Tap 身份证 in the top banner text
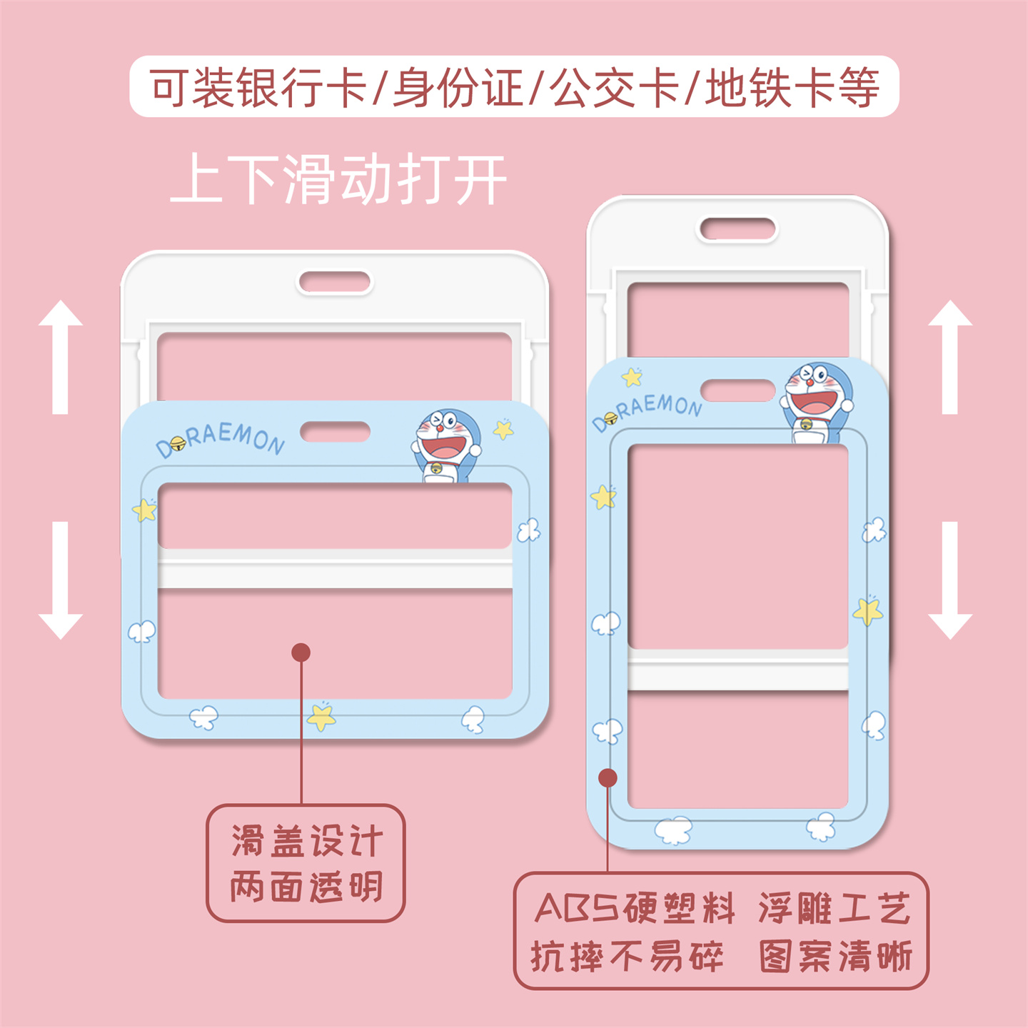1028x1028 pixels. coord(458,88)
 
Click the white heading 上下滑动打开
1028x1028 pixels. coord(338,180)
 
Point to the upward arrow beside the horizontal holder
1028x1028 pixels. coord(61,356)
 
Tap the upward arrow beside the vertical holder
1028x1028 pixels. coord(949,356)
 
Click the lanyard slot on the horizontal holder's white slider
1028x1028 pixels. coord(335,282)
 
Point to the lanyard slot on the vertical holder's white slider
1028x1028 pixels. coord(737,229)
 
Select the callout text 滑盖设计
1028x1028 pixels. coord(306,841)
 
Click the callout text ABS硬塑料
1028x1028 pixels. coord(634,908)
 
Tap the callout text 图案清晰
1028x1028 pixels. coord(835,956)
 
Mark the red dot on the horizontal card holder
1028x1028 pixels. coord(301,652)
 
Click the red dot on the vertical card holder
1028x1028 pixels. coord(608,777)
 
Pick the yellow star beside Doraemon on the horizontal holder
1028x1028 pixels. coord(504,429)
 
